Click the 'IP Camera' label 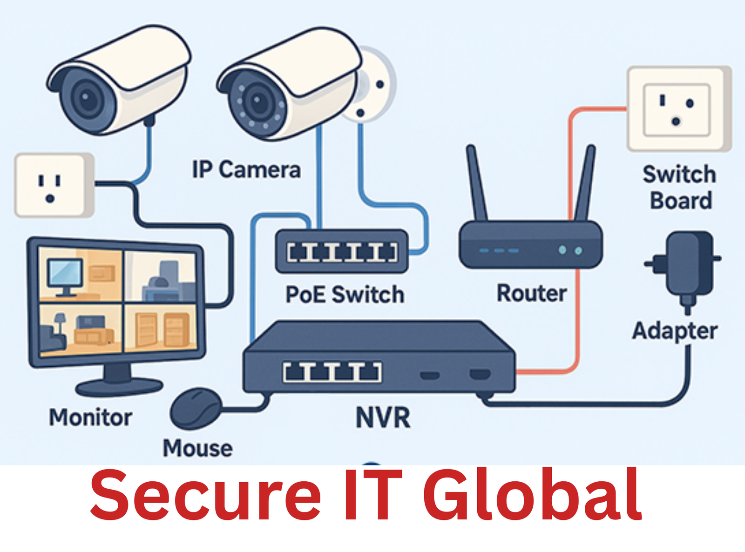pos(246,170)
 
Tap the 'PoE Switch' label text pos(345,295)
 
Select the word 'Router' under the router pos(532,293)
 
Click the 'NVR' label pos(383,417)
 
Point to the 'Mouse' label pos(197,448)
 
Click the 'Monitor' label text pos(91,417)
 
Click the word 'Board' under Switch pos(681,201)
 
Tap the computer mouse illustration pos(196,408)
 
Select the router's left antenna pos(477,184)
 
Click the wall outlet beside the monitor pos(54,185)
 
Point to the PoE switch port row pos(342,252)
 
